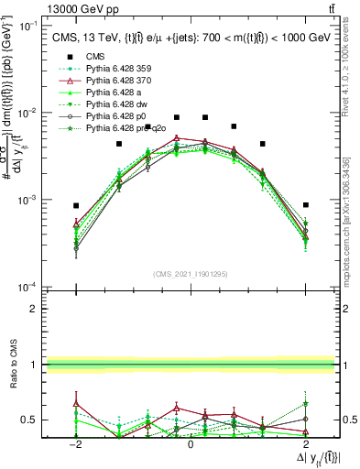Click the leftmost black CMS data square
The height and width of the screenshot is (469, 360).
pyautogui.click(x=76, y=206)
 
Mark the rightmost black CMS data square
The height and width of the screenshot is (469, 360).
pyautogui.click(x=305, y=205)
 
